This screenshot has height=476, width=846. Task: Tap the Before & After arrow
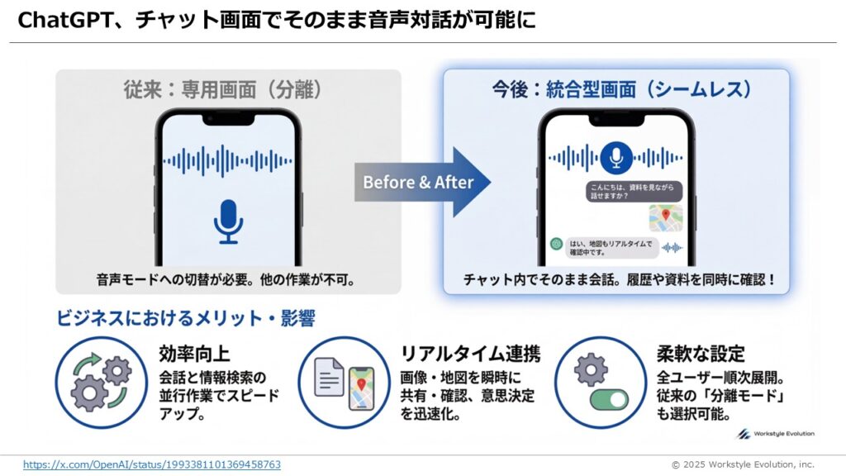(421, 182)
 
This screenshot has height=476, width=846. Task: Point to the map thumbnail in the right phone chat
(665, 217)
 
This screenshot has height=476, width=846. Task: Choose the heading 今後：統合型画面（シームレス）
(616, 89)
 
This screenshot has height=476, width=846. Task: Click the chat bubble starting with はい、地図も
(610, 247)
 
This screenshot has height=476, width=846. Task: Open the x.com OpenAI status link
(152, 464)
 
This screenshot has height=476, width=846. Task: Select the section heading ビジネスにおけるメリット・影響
(186, 317)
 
